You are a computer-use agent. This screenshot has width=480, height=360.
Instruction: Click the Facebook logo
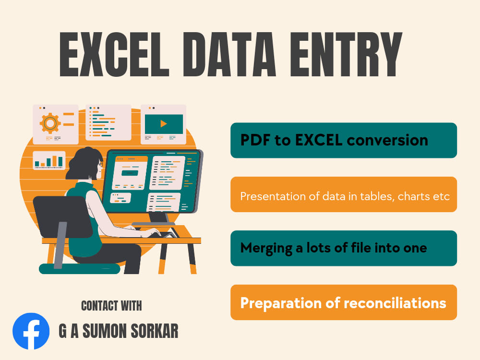[31, 331]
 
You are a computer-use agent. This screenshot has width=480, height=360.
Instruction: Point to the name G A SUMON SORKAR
[118, 331]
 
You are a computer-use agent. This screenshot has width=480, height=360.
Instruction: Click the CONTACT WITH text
[111, 306]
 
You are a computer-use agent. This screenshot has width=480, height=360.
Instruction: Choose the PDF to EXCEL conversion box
[344, 140]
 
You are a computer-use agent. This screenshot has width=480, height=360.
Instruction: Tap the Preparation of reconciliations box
[344, 302]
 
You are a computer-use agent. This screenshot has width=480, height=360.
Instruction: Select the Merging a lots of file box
[344, 248]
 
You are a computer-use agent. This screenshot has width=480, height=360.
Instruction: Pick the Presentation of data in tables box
[344, 194]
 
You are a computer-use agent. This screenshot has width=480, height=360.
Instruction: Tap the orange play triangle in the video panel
[164, 124]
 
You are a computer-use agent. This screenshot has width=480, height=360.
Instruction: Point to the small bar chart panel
[49, 160]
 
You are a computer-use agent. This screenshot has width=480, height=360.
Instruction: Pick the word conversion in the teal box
[387, 140]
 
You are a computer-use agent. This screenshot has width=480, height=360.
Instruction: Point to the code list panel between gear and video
[108, 122]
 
